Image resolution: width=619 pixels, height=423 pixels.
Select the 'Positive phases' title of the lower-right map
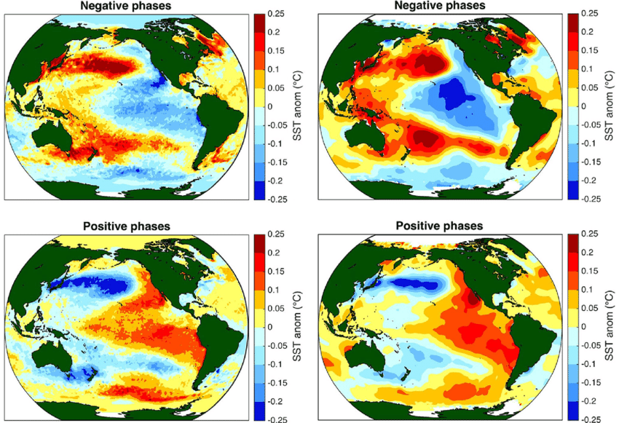click(x=438, y=226)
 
